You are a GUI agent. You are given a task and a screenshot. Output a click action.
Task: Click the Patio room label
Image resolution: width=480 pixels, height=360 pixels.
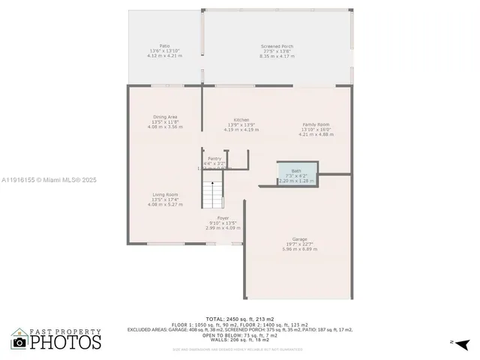164,46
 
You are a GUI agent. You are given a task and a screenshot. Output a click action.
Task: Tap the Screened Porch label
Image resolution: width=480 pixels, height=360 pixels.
277,46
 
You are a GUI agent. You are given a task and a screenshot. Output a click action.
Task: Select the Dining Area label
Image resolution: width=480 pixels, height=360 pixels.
165,117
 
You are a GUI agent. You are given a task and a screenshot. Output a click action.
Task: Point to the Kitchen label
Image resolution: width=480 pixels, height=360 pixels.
241,120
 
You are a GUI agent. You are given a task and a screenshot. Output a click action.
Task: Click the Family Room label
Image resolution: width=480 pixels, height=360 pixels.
316,124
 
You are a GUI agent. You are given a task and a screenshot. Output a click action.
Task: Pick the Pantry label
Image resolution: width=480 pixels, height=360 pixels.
214,158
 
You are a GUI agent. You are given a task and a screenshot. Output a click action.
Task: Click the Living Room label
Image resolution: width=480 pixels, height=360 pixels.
165,194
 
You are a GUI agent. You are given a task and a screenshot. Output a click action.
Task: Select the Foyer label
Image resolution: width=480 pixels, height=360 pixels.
223,217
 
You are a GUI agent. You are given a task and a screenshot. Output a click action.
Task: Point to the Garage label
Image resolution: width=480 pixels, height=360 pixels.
300,239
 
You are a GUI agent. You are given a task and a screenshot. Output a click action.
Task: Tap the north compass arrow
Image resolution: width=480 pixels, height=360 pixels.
463,343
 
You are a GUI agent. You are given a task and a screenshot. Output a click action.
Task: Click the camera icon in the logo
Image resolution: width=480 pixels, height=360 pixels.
20,343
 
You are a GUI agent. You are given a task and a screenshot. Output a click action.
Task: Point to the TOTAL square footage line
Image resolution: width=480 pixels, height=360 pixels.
240,319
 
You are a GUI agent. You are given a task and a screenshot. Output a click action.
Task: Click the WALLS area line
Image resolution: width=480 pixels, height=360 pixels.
240,340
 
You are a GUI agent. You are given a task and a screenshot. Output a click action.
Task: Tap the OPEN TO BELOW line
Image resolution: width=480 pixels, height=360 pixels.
240,334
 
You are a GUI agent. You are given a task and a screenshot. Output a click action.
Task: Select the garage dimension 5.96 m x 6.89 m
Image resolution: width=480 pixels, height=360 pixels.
300,248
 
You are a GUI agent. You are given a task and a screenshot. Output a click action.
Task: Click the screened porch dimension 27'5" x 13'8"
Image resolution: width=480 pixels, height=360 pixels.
277,51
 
